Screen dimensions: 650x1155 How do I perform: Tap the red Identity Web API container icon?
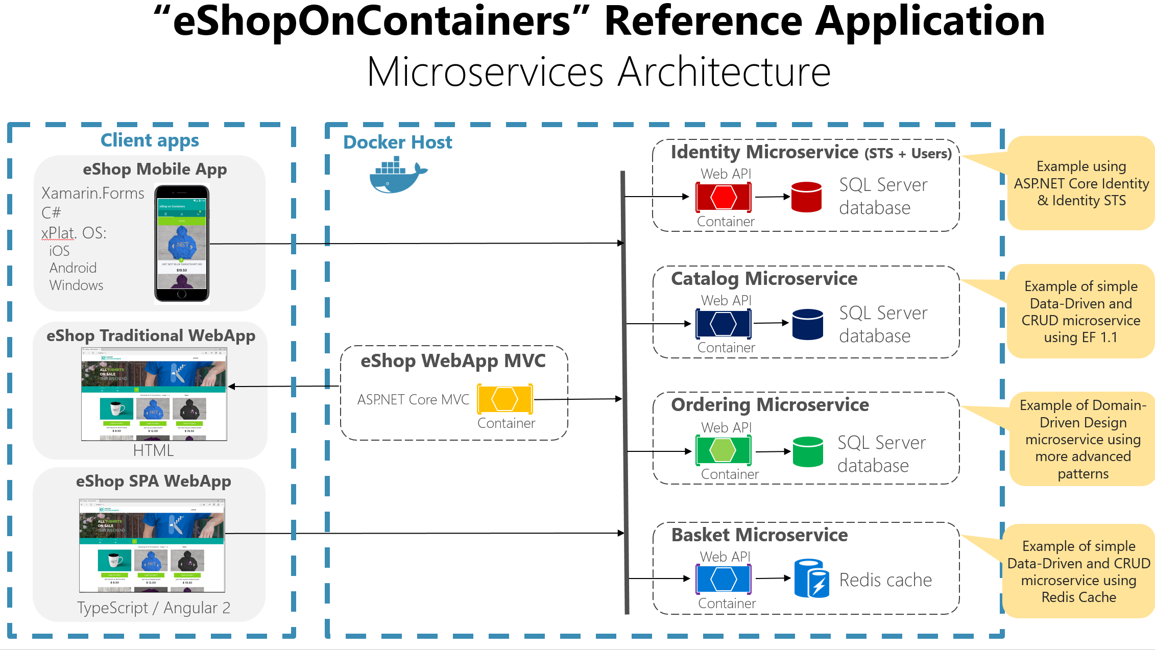[723, 197]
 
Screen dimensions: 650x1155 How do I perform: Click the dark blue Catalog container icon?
[723, 323]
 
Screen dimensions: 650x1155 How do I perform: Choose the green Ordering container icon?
[723, 450]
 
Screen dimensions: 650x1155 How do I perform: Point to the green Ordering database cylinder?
[808, 451]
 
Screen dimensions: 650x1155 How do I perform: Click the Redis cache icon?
[811, 578]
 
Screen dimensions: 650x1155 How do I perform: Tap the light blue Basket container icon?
[723, 579]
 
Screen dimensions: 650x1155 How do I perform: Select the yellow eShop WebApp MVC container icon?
[504, 399]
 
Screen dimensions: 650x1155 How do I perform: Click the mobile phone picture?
[182, 244]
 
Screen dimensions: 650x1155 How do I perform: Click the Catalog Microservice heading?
[764, 279]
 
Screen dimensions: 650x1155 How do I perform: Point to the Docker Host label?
[397, 142]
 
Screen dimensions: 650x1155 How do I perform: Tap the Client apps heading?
[150, 140]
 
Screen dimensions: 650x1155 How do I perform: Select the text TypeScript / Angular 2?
[154, 608]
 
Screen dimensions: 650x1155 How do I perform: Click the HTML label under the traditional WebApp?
[153, 450]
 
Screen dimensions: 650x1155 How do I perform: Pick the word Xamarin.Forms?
[92, 194]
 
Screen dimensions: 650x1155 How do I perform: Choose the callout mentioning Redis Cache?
[1078, 571]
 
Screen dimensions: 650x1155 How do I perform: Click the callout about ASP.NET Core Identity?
[1081, 183]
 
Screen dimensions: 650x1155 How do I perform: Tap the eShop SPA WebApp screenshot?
[152, 545]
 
